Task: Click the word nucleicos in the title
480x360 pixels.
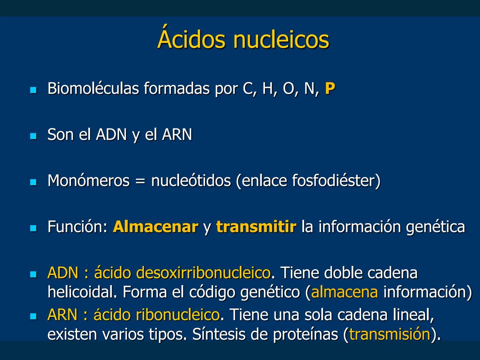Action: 281,39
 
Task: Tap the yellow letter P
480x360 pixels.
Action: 330,88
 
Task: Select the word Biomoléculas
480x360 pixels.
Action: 93,89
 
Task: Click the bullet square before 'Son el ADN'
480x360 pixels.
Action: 33,136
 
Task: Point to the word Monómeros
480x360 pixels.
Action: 88,181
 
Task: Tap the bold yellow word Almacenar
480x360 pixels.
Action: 155,227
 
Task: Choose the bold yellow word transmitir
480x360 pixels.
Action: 256,227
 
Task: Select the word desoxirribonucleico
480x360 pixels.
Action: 204,273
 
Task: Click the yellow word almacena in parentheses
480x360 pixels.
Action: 344,292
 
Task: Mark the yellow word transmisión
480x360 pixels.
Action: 390,334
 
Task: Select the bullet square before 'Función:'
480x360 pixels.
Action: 33,228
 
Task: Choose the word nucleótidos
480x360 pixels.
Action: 191,181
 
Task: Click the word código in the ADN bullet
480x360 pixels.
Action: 212,292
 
